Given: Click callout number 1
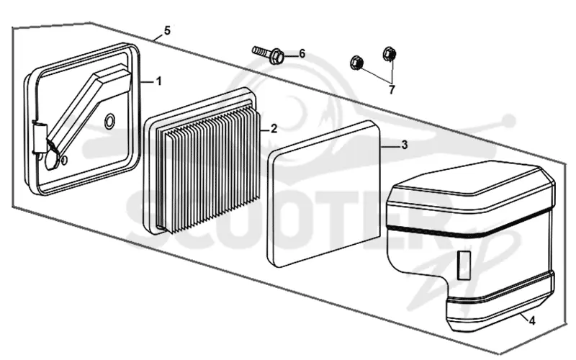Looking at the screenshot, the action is click(158, 81).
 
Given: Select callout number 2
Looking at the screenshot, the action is click(274, 129).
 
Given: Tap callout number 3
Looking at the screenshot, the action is click(405, 145).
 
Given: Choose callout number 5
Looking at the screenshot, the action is click(167, 31).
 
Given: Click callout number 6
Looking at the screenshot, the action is click(302, 54).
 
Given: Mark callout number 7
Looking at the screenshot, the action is click(392, 89).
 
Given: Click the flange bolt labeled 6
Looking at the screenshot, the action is click(268, 55).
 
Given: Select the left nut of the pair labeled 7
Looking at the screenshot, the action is click(356, 63).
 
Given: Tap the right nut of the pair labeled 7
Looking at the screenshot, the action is click(390, 54).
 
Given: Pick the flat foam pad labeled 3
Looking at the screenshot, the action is click(323, 194).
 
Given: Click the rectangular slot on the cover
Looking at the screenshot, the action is click(464, 265).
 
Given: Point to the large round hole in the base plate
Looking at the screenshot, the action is click(109, 121).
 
